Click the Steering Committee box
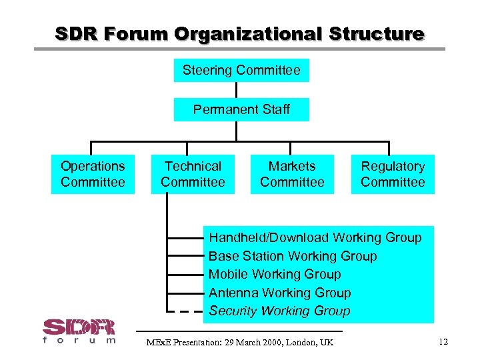[241, 70]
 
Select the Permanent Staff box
[241, 109]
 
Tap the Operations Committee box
[93, 174]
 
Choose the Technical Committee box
[193, 174]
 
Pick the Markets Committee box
[292, 174]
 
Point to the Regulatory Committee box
[393, 174]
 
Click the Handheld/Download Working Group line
[315, 237]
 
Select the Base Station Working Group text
[293, 256]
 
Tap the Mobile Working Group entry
[275, 274]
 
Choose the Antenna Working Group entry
[279, 293]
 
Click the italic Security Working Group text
[279, 311]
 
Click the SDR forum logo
[79, 331]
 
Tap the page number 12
[443, 342]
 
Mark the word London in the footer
[305, 343]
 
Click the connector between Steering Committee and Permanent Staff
[236, 90]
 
